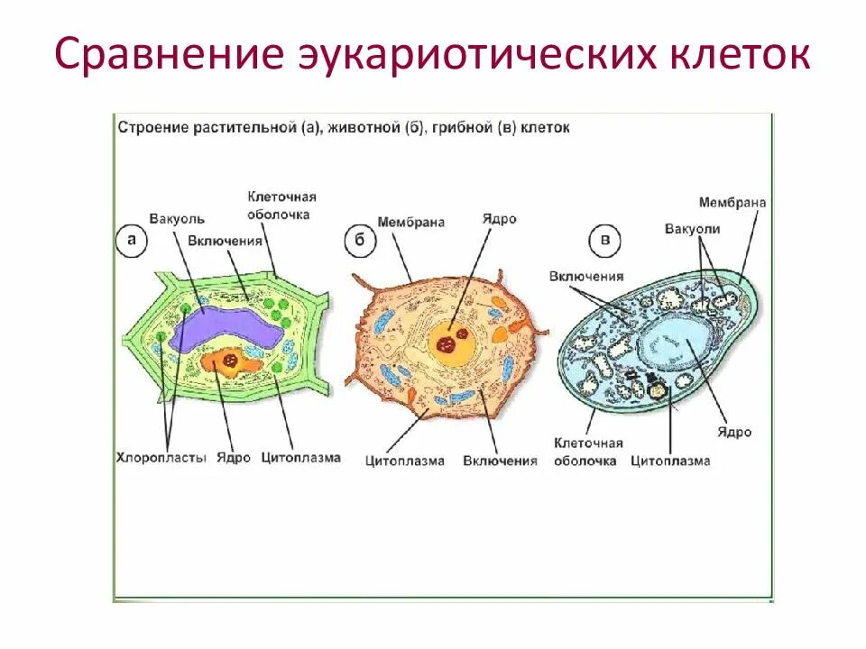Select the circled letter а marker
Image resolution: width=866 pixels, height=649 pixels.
tap(132, 240)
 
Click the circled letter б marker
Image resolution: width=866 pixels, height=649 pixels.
tap(357, 240)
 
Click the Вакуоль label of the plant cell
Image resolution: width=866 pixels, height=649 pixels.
tap(178, 219)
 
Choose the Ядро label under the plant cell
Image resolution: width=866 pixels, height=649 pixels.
tap(234, 458)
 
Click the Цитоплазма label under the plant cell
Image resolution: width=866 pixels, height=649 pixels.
tap(301, 458)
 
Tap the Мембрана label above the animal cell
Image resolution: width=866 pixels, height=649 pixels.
tap(411, 221)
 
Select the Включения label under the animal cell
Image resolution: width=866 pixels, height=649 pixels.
tap(500, 461)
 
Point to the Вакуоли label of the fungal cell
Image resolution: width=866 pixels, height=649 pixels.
tap(692, 229)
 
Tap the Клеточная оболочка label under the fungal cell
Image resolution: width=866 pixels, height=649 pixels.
tap(586, 452)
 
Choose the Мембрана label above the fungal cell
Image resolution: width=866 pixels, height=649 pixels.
tap(732, 203)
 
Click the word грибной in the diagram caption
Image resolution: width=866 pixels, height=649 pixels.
tap(461, 128)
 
